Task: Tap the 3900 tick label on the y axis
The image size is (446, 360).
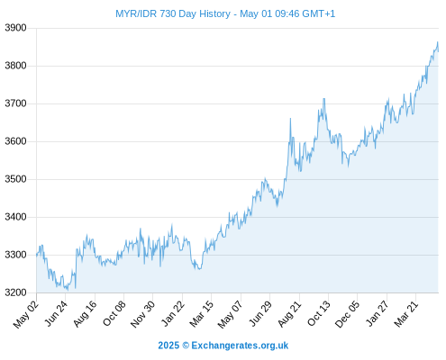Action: (x=15, y=28)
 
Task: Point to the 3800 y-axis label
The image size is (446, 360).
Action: (x=15, y=66)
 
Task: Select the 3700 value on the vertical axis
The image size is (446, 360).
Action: (x=15, y=103)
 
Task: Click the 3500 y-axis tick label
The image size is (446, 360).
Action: (x=15, y=179)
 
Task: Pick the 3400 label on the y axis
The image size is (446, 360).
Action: (x=15, y=217)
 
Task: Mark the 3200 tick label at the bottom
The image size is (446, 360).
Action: (x=15, y=292)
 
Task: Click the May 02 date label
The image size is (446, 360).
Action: (x=26, y=314)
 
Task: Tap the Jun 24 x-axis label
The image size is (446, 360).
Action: (x=56, y=313)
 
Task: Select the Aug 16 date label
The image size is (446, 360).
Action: (x=86, y=313)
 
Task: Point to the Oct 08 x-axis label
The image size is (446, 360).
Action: (x=114, y=313)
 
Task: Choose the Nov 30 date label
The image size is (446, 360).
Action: (x=142, y=314)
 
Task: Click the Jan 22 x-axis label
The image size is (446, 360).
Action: (x=172, y=313)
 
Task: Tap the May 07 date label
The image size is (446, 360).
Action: (x=230, y=314)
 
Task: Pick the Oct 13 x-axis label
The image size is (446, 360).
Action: (x=319, y=313)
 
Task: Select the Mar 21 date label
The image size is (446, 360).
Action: (x=406, y=314)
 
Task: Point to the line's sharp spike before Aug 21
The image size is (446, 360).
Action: (x=290, y=119)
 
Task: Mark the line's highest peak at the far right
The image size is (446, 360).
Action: (x=438, y=42)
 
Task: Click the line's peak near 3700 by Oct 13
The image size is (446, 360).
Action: (x=323, y=99)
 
